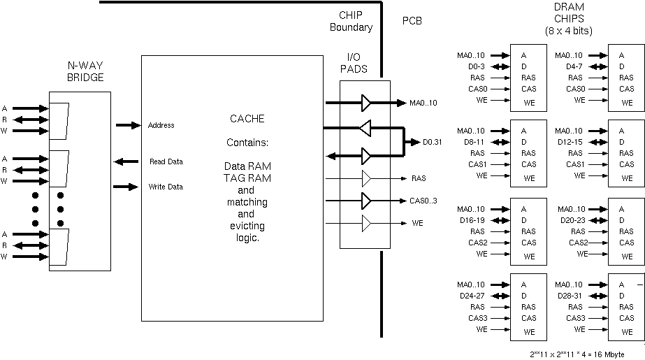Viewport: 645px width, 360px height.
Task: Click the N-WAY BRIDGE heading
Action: click(85, 71)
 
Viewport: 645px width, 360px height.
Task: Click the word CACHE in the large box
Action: click(247, 119)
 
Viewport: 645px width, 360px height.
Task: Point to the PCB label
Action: click(412, 21)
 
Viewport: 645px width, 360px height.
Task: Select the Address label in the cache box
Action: click(161, 126)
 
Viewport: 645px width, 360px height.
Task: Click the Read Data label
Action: click(166, 161)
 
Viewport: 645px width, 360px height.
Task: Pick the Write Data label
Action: click(166, 187)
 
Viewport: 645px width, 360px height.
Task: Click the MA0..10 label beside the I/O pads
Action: click(423, 103)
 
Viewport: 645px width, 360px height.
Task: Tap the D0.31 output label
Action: click(433, 143)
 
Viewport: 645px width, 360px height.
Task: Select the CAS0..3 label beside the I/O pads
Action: click(424, 201)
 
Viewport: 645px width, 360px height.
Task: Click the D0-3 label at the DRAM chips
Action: click(477, 66)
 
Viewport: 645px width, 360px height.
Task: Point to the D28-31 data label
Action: click(570, 296)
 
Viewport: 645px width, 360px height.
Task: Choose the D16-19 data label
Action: click(472, 220)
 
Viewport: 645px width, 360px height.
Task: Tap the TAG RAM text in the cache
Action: click(247, 178)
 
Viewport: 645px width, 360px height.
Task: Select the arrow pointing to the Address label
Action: click(127, 125)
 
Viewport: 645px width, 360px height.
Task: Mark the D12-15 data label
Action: click(570, 142)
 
